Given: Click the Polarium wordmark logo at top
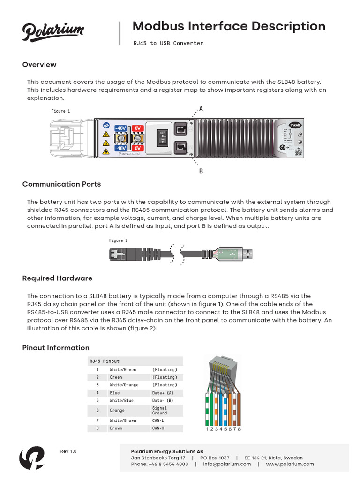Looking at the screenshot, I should click(x=53, y=32).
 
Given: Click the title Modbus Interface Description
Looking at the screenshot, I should click(x=229, y=26).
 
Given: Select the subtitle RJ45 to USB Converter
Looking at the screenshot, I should click(x=168, y=43).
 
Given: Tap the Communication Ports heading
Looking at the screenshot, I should click(x=61, y=184).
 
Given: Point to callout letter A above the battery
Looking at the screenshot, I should click(x=201, y=109).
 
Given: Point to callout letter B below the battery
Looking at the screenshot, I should click(x=201, y=172).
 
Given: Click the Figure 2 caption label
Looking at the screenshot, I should click(x=119, y=240).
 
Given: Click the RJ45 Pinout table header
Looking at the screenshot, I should click(x=105, y=361).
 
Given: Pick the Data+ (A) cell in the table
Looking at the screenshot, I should click(x=163, y=393).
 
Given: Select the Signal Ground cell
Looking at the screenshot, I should click(x=159, y=411).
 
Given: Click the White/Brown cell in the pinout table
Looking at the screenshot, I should click(x=123, y=421).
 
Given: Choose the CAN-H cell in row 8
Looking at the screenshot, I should click(x=158, y=428).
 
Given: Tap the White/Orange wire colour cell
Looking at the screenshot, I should click(x=124, y=385).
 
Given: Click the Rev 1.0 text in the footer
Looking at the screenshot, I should click(x=68, y=451).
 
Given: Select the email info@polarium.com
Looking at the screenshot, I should click(x=227, y=464).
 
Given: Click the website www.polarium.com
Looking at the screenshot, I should click(x=290, y=464).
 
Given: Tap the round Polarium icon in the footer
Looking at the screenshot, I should click(x=32, y=457).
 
